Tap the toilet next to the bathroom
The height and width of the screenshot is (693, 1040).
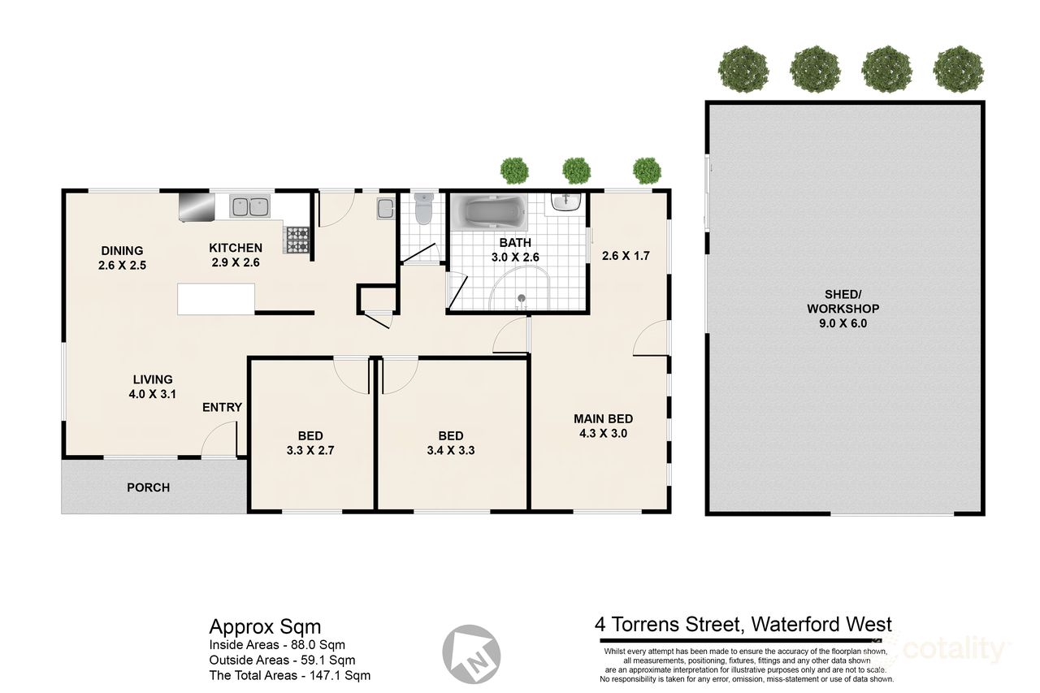(x=422, y=210)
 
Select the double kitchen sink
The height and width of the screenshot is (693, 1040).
(x=249, y=206)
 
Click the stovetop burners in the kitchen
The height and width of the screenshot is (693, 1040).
(x=297, y=240)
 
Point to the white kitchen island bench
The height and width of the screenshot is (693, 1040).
(x=215, y=298)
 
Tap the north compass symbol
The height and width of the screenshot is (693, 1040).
(x=471, y=653)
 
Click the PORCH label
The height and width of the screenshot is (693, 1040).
(x=149, y=487)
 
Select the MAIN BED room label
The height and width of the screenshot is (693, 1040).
(x=603, y=418)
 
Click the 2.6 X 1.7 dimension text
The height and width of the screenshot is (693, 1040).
(x=626, y=256)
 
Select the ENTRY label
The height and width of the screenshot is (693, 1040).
(x=222, y=407)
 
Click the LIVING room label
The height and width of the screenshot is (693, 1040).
(x=153, y=379)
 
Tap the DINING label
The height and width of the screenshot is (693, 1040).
(x=122, y=250)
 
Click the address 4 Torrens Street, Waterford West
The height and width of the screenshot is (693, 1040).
(x=743, y=624)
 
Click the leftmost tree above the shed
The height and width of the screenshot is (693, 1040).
(x=743, y=69)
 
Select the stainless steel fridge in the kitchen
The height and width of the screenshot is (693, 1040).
(x=195, y=206)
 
